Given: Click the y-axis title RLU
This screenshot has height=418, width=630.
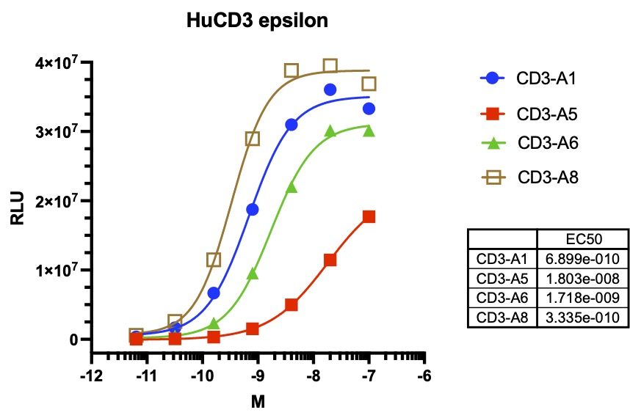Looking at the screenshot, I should [18, 206].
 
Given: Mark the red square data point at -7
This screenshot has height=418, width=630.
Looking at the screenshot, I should [369, 216].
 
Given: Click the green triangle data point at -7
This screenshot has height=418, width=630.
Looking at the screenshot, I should [369, 131].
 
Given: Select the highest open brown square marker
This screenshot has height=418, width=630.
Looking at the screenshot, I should [330, 66].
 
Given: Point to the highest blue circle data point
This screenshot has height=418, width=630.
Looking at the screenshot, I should [330, 89].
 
